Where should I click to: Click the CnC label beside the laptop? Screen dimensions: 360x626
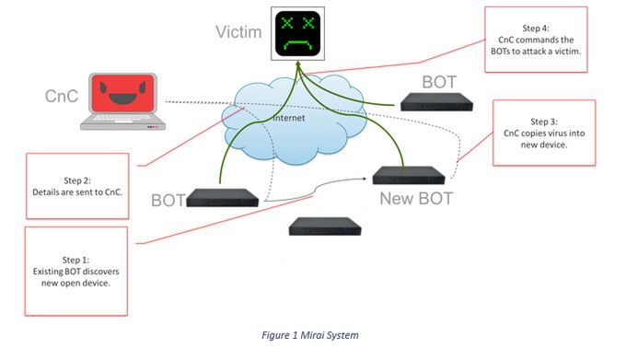[63, 96]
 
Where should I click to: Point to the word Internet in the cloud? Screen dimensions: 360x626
[296, 118]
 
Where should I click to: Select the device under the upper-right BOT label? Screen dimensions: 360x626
[438, 102]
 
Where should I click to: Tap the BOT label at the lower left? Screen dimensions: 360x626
[168, 200]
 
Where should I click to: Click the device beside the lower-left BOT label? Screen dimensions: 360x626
[222, 195]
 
